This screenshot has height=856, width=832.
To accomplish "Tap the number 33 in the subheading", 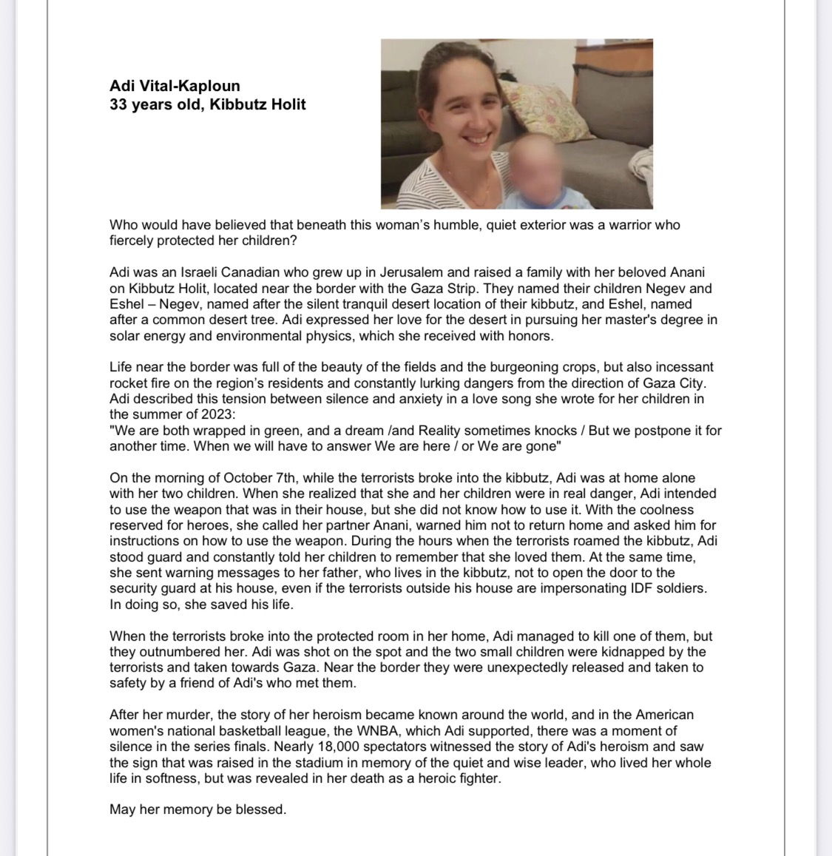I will tap(119, 104).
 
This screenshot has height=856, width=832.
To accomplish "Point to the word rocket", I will tap(128, 382).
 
